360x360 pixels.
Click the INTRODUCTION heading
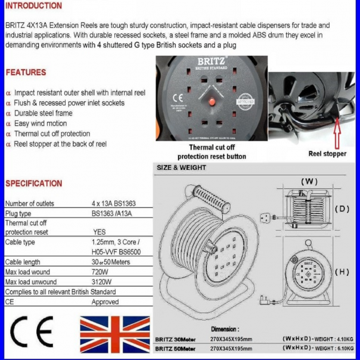(33, 6)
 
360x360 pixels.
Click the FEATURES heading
(26, 72)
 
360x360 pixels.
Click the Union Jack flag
(114, 334)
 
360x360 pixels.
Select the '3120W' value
(101, 282)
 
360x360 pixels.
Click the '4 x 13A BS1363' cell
(113, 203)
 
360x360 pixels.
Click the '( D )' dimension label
(342, 209)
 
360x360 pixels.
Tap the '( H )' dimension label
(342, 272)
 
